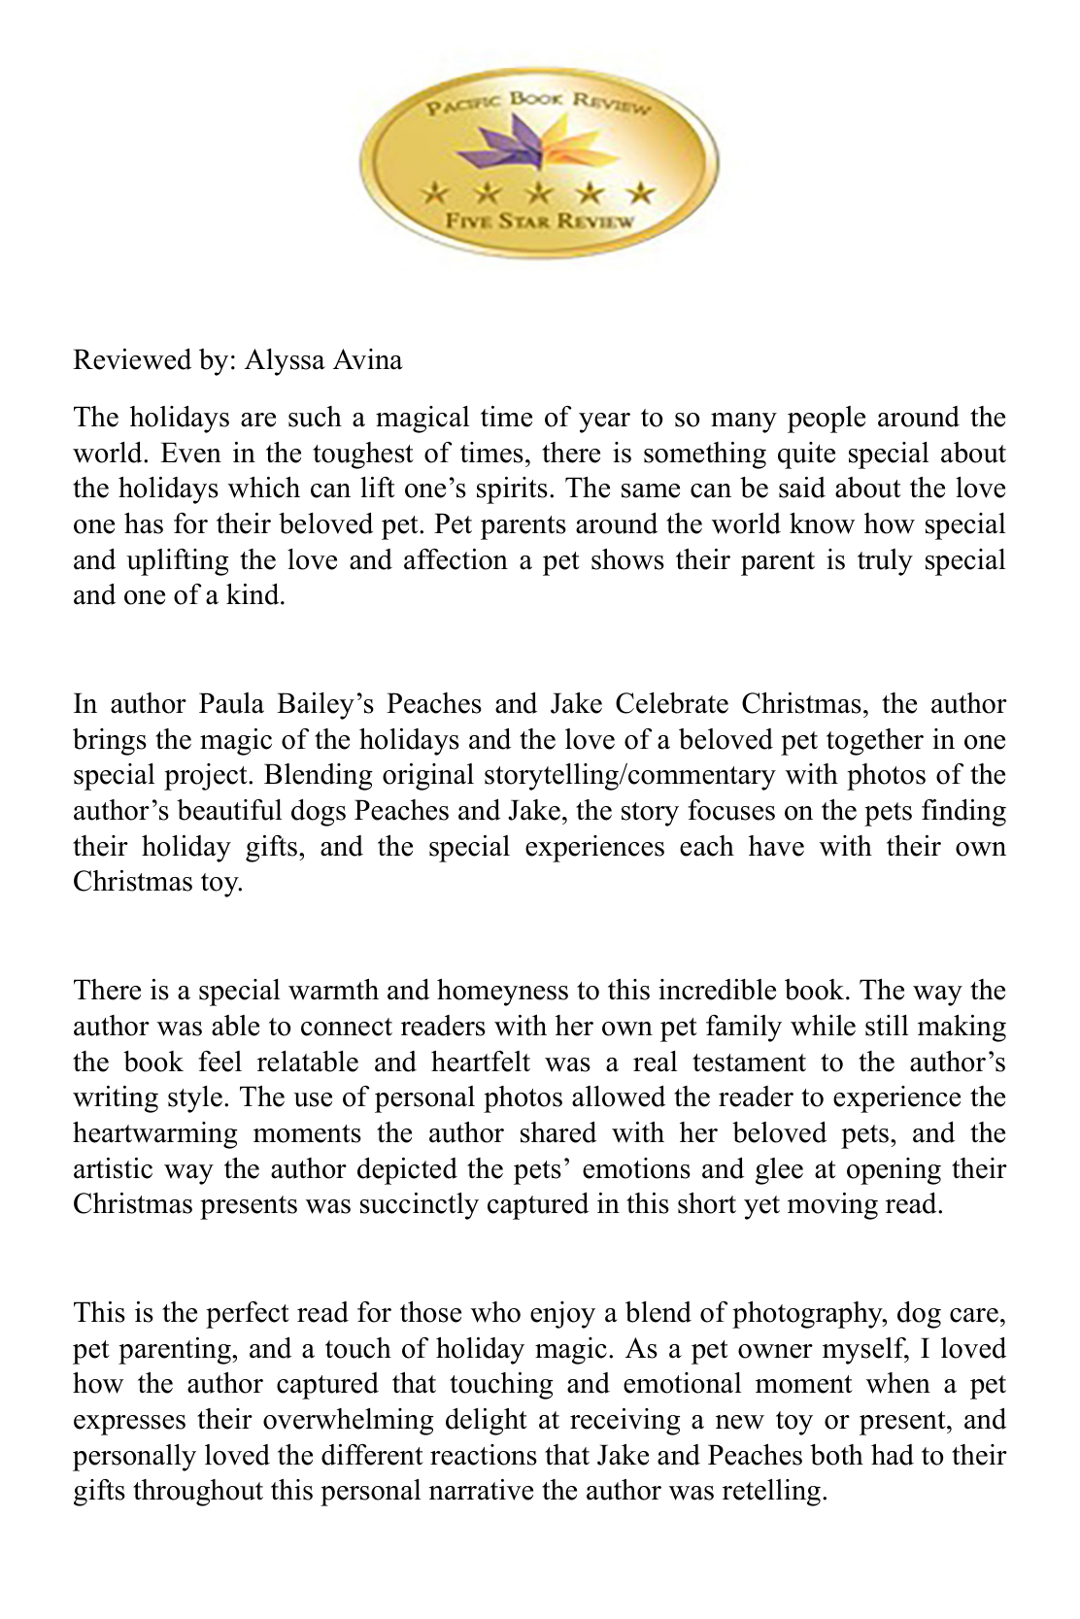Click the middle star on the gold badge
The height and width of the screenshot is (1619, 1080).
click(x=540, y=191)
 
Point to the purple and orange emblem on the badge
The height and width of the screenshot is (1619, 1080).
click(x=540, y=146)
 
